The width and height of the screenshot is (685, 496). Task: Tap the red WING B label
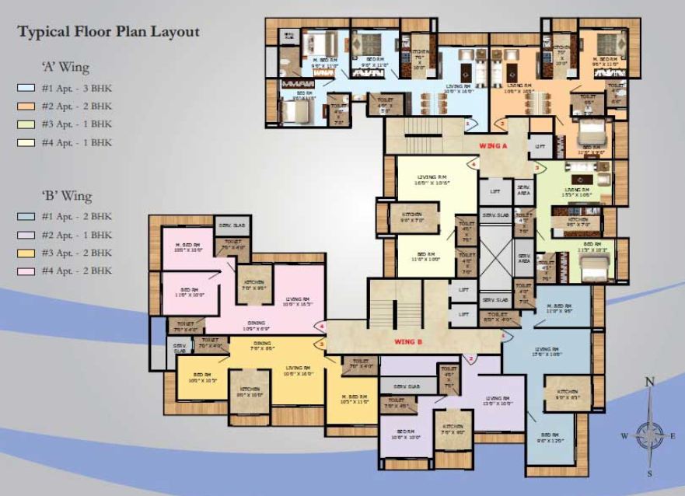407,341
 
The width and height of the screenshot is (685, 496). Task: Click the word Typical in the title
44,32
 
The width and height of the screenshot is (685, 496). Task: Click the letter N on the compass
650,381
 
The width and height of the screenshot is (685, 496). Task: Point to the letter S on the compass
650,472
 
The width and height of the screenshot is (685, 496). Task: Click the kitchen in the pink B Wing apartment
254,285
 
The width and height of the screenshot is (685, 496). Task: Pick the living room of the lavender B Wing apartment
497,400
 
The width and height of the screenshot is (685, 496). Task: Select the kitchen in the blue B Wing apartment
567,394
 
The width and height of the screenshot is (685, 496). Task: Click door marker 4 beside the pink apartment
322,327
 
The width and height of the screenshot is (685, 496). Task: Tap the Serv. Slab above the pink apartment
231,225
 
